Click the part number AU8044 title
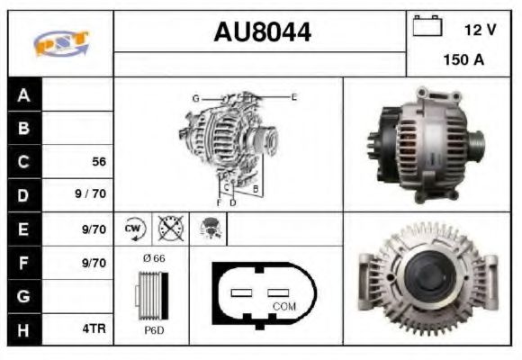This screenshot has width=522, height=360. pyautogui.click(x=262, y=32)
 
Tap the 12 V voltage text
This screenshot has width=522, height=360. pyautogui.click(x=480, y=29)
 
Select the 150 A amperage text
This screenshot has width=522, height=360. pyautogui.click(x=464, y=61)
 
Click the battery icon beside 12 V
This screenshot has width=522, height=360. pyautogui.click(x=426, y=28)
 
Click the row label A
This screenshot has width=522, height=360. pyautogui.click(x=24, y=95)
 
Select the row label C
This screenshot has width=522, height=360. pyautogui.click(x=24, y=162)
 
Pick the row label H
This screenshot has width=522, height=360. pyautogui.click(x=24, y=329)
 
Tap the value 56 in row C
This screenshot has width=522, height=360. pyautogui.click(x=99, y=163)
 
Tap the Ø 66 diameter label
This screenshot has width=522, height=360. pyautogui.click(x=153, y=258)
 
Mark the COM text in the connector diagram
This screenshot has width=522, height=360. pyautogui.click(x=283, y=306)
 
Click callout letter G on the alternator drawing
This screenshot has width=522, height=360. pyautogui.click(x=194, y=97)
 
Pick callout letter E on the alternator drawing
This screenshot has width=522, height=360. pyautogui.click(x=293, y=96)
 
